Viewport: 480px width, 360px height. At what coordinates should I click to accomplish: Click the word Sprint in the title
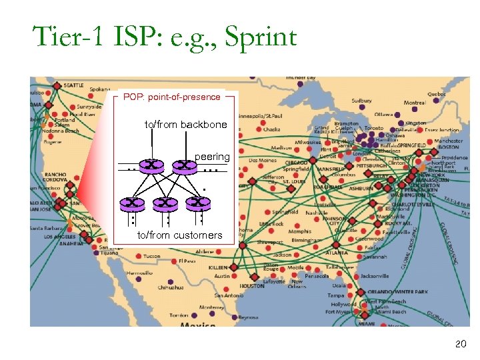260,37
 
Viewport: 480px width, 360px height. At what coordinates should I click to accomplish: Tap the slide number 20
460,344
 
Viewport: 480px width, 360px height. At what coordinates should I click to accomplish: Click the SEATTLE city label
74,85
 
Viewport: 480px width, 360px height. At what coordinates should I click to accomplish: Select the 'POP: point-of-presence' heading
171,97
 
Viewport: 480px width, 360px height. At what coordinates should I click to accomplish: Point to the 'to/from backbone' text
185,125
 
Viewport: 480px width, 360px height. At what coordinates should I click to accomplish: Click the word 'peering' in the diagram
211,157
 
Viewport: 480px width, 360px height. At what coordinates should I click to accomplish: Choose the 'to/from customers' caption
179,235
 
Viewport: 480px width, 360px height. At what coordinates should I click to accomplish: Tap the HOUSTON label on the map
252,285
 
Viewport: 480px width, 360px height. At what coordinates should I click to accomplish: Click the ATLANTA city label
337,253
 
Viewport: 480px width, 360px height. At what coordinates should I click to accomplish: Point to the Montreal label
414,103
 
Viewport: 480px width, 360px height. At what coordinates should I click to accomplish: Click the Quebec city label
437,95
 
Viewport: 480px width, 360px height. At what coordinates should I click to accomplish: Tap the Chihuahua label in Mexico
171,287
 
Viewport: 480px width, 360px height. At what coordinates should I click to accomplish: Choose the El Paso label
187,262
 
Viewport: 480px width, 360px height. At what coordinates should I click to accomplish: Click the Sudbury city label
361,101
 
